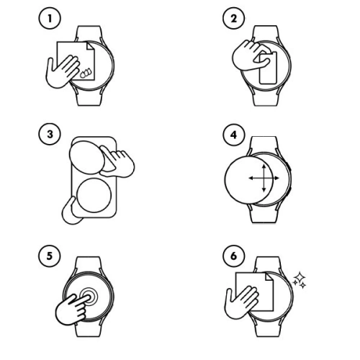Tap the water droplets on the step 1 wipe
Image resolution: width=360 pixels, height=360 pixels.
pos(86,71)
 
